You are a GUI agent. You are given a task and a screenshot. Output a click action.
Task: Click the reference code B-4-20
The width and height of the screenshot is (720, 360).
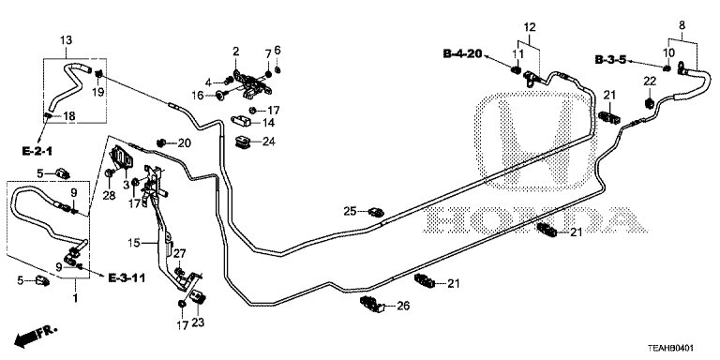click(x=462, y=54)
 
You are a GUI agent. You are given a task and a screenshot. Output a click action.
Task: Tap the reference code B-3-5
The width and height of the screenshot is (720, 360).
click(x=610, y=60)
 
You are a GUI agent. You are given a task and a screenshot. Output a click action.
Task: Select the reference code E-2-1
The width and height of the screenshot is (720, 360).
click(x=37, y=150)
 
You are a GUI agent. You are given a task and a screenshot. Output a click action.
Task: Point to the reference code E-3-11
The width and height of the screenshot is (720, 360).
click(x=127, y=277)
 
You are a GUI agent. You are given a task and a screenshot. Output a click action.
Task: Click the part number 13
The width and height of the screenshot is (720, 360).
click(x=67, y=40)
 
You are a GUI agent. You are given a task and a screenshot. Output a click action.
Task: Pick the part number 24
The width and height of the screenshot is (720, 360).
click(x=269, y=142)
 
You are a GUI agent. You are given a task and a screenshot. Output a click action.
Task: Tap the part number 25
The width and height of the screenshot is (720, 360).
click(x=350, y=211)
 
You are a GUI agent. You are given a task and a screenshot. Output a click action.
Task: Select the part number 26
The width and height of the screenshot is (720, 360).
click(x=403, y=306)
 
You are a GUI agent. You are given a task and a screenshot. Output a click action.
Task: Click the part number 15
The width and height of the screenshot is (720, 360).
click(x=134, y=243)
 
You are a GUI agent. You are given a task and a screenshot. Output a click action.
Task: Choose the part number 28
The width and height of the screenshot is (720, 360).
click(x=109, y=196)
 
